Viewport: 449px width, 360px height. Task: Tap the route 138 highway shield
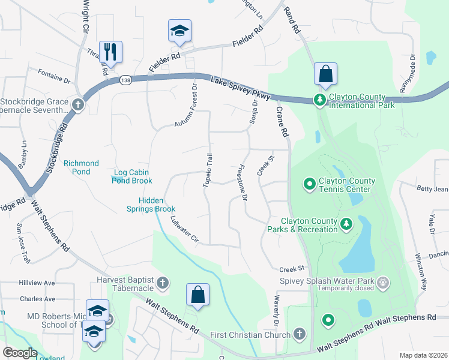[125, 80]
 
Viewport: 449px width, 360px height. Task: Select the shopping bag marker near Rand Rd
[325, 74]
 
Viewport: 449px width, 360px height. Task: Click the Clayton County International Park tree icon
[321, 100]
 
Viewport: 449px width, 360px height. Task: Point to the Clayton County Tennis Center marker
[310, 183]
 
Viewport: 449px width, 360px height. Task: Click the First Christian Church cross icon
[300, 334]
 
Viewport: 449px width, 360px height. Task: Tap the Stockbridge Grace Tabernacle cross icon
[77, 105]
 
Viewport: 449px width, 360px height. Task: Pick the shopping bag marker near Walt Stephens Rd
[197, 295]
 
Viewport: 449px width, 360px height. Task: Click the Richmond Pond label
[81, 167]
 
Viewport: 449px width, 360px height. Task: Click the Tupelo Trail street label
[208, 170]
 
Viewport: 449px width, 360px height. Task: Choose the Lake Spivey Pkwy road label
[241, 88]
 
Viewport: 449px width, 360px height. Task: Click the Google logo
[20, 353]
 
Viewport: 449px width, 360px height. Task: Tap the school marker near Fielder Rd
[179, 31]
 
